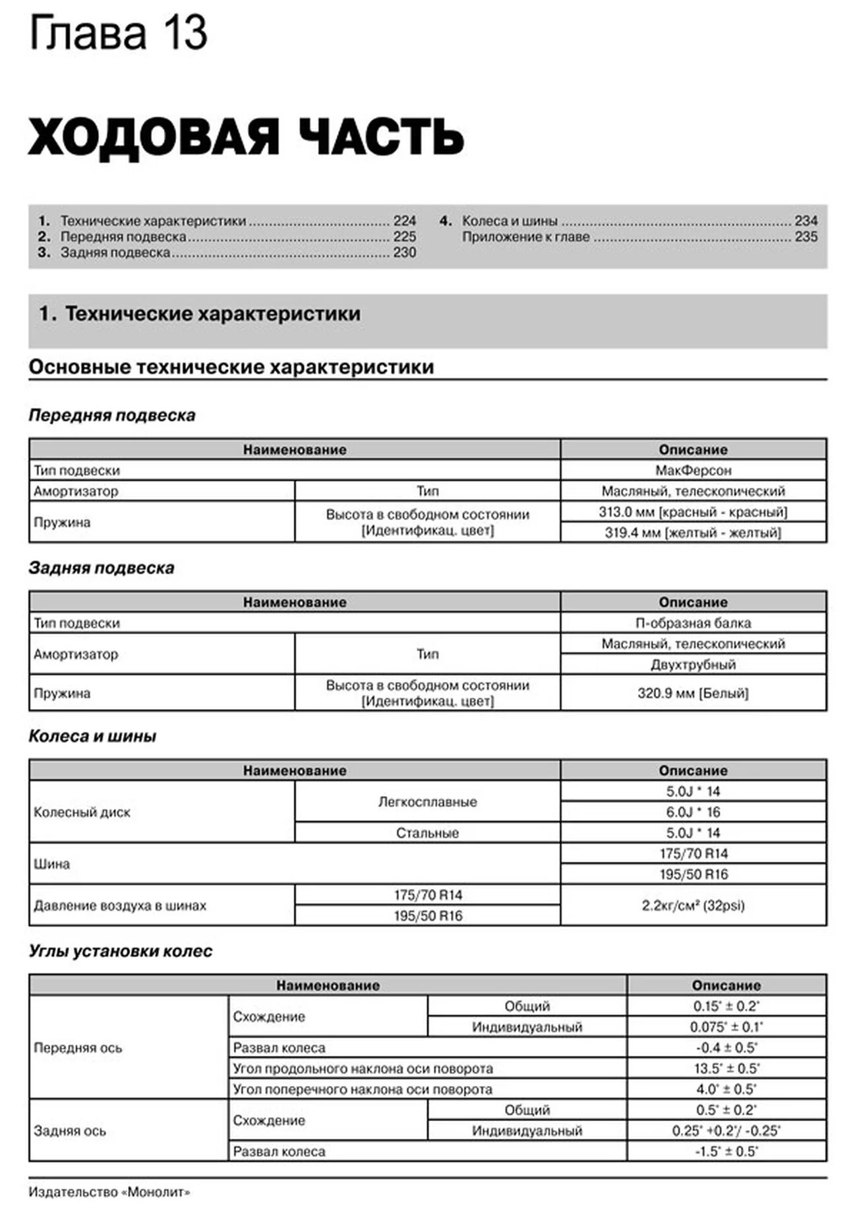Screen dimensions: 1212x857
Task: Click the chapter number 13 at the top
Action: pos(185,33)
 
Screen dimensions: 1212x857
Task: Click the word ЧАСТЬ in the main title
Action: pos(381,137)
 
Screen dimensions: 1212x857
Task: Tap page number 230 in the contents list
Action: pos(404,252)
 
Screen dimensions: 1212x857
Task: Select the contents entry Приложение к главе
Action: pos(525,237)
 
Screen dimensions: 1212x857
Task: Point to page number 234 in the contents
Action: pos(806,221)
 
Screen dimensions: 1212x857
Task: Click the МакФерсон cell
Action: pos(693,470)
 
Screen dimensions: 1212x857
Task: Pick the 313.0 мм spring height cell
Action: pos(693,511)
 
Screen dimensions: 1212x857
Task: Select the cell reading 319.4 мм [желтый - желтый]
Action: pos(693,533)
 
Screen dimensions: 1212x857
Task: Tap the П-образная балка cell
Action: pos(693,623)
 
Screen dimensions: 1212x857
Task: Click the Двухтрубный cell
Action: pos(693,664)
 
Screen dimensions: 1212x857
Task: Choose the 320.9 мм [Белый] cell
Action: pos(693,693)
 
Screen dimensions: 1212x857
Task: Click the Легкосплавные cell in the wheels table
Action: pos(427,801)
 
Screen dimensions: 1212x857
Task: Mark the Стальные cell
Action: pos(427,832)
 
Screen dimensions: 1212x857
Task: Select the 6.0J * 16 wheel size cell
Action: pos(693,812)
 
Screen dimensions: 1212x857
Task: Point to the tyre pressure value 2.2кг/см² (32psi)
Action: pos(693,906)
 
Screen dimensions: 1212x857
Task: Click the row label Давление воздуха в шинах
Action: pos(120,906)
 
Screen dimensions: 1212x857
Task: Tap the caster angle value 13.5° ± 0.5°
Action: pos(726,1068)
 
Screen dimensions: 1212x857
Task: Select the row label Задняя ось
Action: pos(70,1131)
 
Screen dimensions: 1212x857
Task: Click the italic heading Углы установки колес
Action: pos(120,951)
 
